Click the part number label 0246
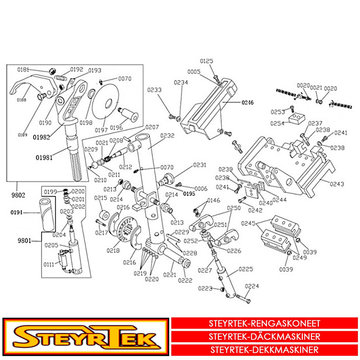coord(247,103)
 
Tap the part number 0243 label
coord(337,184)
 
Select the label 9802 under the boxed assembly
coord(18,195)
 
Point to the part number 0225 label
coord(246,269)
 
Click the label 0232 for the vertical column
coord(167,136)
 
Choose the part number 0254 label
coord(277,124)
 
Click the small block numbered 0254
coord(296,118)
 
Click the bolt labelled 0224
coord(243,298)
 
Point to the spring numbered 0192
coord(61,78)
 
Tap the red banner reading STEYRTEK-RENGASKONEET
coord(264,324)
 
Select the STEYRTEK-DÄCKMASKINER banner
coord(264,337)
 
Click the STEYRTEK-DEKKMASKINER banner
coord(264,350)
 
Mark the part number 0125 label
coord(206,61)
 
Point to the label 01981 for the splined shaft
coord(44,157)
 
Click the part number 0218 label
coord(113,250)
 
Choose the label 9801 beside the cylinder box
coord(24,241)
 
